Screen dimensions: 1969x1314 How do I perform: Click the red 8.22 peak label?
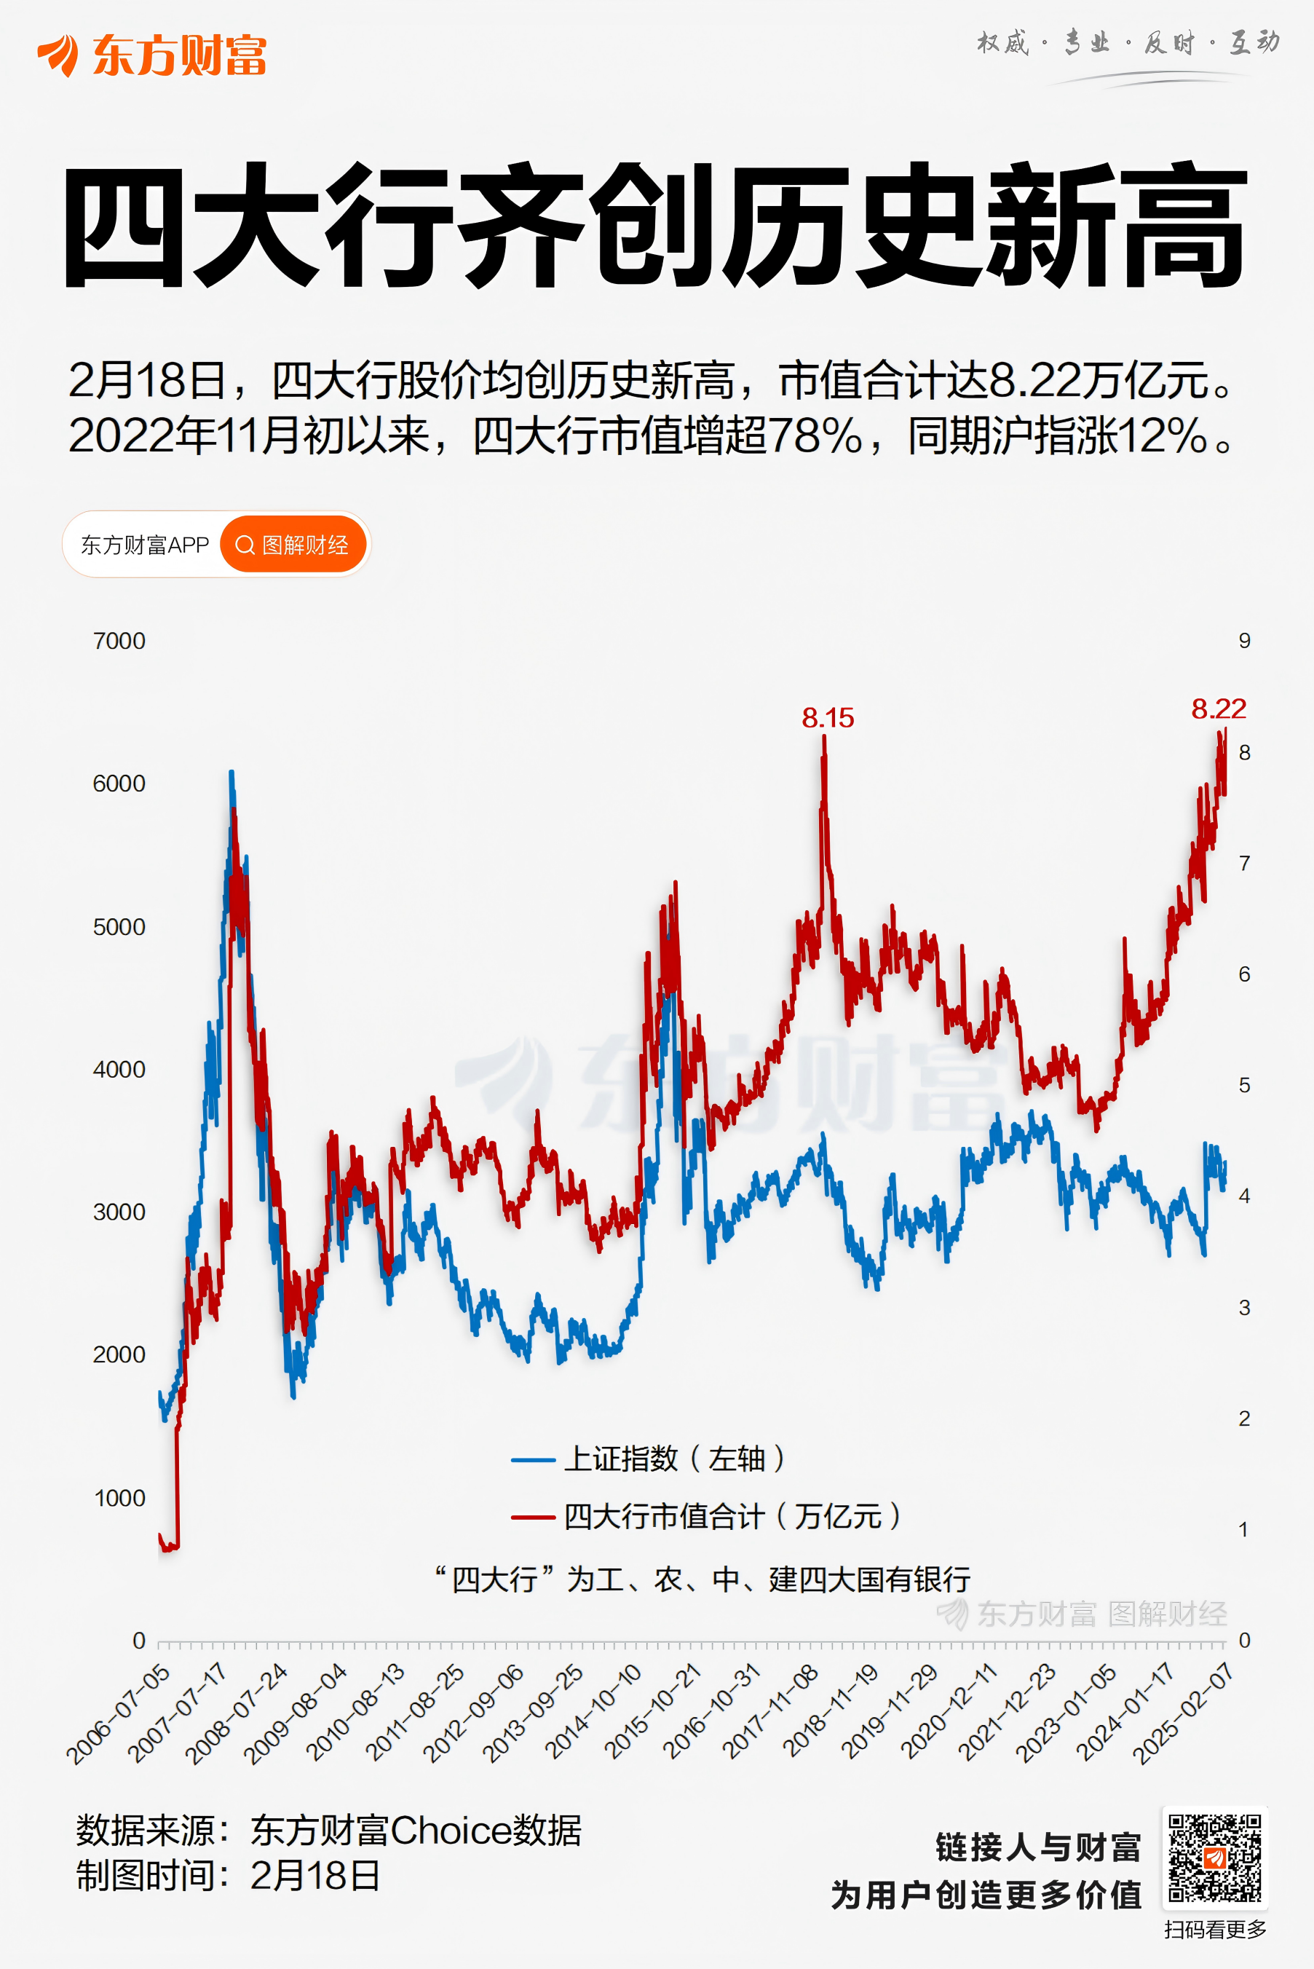1219,709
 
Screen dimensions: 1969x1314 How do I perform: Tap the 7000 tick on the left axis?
119,642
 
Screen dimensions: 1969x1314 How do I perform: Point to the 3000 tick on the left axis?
119,1212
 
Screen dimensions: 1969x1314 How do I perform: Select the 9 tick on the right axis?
1244,642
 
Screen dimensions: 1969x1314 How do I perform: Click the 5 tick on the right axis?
1244,1086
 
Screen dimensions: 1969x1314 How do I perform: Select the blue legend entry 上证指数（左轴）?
649,1459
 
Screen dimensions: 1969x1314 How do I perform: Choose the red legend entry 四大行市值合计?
706,1516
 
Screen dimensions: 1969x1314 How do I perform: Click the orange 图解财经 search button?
293,545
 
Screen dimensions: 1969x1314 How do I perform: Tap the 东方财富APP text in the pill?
144,545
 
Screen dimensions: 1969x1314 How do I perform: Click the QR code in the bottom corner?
1214,1858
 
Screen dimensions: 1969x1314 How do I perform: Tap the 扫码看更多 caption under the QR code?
1214,1930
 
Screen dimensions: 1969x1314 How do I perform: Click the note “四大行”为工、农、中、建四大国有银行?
702,1579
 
